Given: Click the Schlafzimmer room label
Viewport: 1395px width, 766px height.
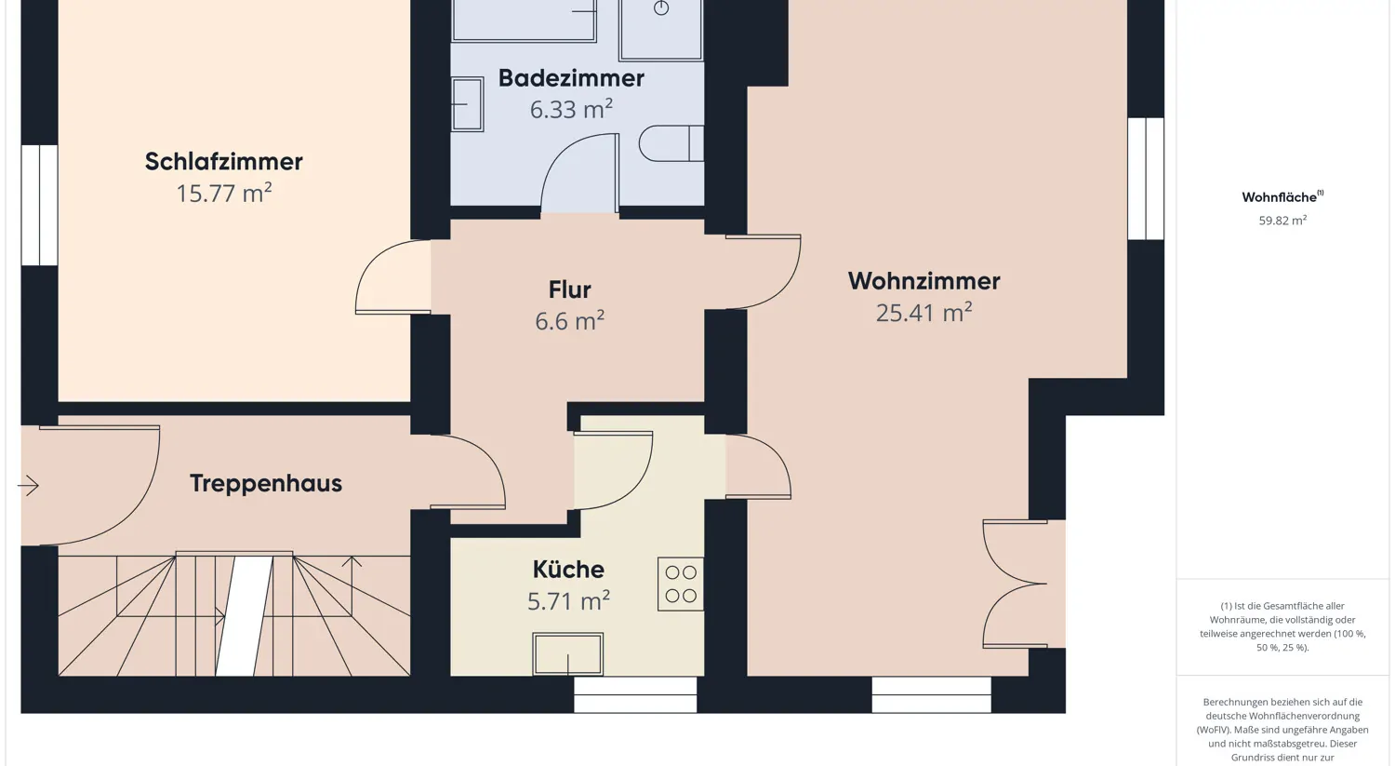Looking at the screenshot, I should pos(223,161).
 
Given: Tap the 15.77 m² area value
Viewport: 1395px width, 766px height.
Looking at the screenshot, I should pos(223,193).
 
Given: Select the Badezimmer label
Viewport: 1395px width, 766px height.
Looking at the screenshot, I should pos(571,78).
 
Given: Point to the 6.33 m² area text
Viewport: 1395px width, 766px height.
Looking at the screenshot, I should pos(570,109).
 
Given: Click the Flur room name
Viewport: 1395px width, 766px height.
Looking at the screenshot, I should pos(569,289).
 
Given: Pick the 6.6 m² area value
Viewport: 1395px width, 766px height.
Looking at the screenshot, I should pos(569,321).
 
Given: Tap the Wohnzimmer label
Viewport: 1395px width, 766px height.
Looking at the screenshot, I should pos(923,281).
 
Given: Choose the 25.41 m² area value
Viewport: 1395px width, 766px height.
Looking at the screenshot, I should pos(923,313).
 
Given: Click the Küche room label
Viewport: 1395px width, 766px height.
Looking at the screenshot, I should pos(568,569).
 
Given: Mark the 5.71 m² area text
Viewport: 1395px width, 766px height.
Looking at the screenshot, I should pos(568,601).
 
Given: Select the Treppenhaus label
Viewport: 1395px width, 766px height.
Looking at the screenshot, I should pos(266,483).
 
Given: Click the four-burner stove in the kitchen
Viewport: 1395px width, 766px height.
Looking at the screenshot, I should pos(681,585).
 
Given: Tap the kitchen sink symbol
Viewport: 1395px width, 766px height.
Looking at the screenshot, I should pos(567,654).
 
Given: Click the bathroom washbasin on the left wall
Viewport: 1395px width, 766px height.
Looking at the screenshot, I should pos(467,104).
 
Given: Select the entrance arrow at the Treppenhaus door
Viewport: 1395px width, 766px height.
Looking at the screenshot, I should pos(29,485).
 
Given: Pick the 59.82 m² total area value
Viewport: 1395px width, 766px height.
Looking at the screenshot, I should pos(1282,221).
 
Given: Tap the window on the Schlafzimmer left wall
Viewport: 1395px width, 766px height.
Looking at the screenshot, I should pos(39,205).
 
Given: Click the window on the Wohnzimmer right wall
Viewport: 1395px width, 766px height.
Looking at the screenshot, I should pos(1146,179).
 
